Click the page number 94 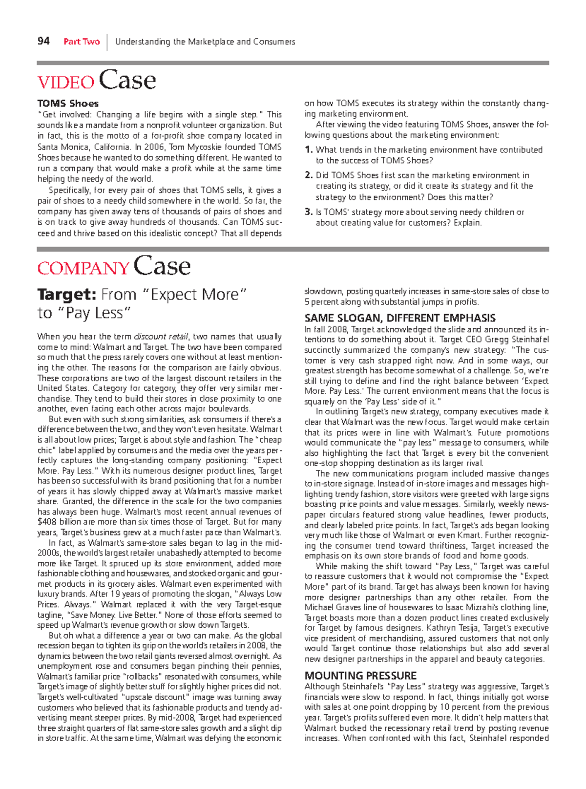pos(43,41)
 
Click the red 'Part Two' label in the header pos(82,42)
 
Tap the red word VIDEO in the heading pos(65,82)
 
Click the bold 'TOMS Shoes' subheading pos(68,104)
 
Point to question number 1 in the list pos(308,150)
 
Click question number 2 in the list pos(308,175)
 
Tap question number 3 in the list pos(308,212)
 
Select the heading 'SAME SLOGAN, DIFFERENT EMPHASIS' pos(399,318)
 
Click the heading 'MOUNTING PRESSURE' pos(360,676)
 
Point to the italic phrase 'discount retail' pos(162,337)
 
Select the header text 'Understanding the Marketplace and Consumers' pos(205,42)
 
